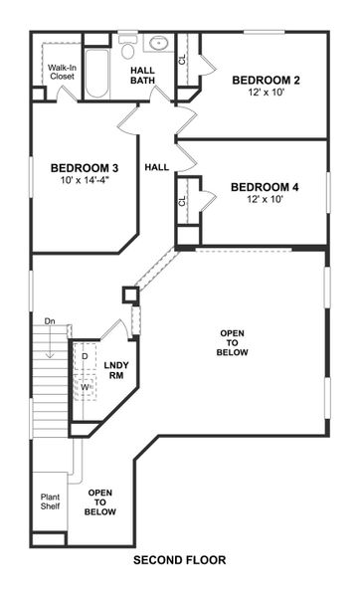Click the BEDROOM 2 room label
coord(266,80)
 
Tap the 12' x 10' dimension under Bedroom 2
coord(266,94)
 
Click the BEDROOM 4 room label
coord(265,186)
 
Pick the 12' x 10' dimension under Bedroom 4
coord(265,200)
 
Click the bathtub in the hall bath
coord(96,75)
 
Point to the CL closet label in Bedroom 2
coord(182,60)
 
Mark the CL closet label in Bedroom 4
coord(182,201)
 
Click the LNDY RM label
coord(114,370)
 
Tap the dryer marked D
coord(86,355)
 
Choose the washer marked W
coord(86,386)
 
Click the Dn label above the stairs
coord(50,321)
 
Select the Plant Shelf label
coord(50,501)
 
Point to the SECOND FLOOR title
coord(179,560)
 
